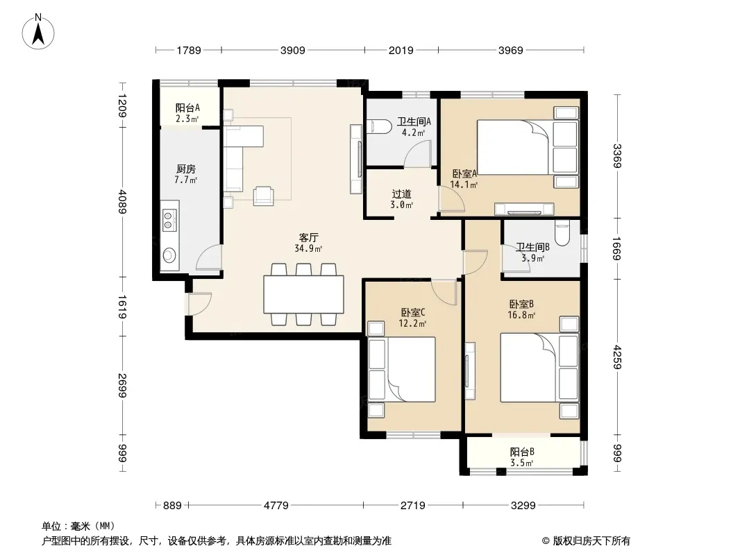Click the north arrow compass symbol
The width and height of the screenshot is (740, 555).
(x=38, y=32)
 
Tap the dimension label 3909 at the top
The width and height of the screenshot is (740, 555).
(x=293, y=51)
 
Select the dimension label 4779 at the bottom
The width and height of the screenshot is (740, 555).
(x=276, y=506)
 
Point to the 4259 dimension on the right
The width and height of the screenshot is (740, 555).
(x=618, y=357)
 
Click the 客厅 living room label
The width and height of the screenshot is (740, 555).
(x=309, y=237)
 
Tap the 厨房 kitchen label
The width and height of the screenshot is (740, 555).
(x=186, y=169)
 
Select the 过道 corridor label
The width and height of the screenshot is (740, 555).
(x=402, y=194)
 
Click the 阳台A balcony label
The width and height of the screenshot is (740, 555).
(x=187, y=108)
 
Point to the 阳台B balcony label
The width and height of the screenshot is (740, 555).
(x=522, y=452)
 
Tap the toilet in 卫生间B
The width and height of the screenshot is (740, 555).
(x=562, y=233)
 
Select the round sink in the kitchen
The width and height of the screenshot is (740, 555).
(x=169, y=255)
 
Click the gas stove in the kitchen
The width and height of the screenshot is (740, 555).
(x=169, y=221)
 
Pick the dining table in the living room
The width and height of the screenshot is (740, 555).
(x=303, y=295)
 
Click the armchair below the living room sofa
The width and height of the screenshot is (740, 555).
(x=263, y=196)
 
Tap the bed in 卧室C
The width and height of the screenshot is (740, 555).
(x=402, y=370)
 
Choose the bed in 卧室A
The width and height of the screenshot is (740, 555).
(x=527, y=147)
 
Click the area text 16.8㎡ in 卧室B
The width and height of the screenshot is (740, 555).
(x=521, y=315)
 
